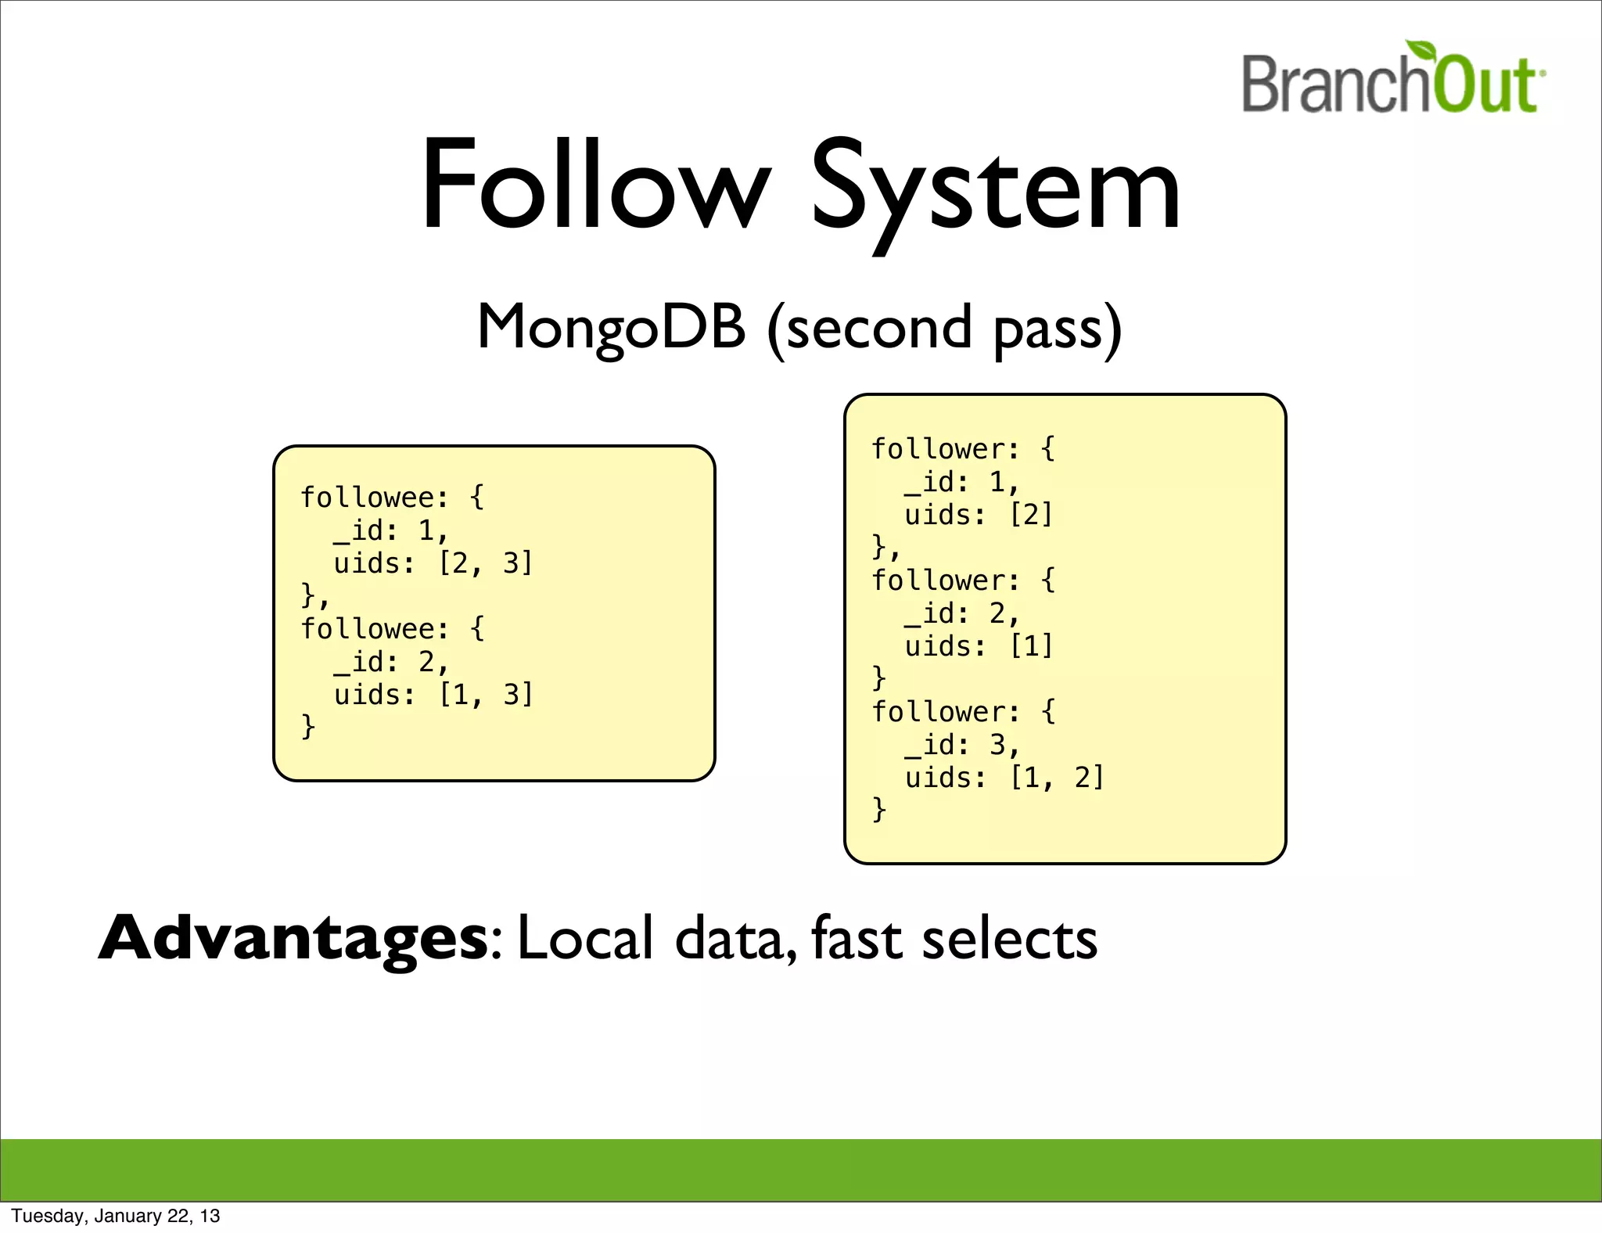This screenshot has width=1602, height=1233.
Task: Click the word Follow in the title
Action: point(594,188)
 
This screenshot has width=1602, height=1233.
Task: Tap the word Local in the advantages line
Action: point(585,939)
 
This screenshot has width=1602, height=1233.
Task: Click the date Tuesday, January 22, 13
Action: point(116,1216)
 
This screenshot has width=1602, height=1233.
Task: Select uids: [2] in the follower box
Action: point(979,515)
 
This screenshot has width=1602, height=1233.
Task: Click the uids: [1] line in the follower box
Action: point(979,646)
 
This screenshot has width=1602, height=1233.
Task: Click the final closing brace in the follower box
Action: point(879,809)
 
